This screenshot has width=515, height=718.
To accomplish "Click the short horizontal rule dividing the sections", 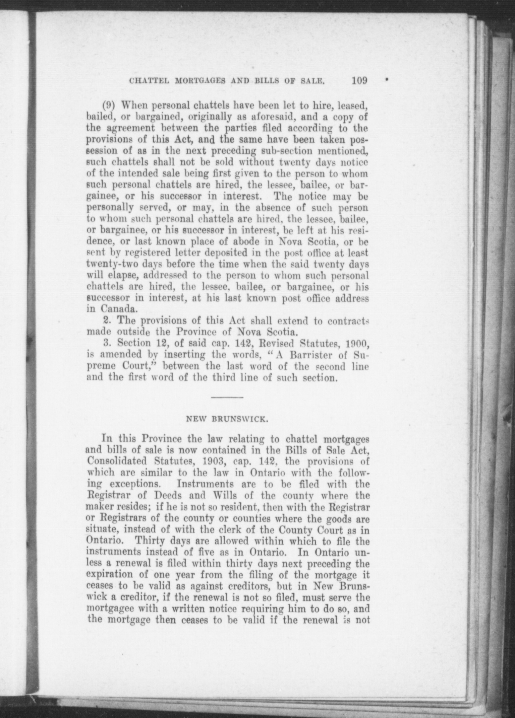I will pos(227,398).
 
